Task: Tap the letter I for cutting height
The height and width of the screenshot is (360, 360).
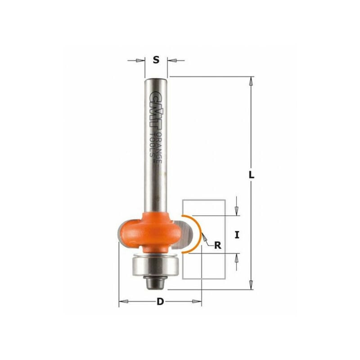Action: (x=237, y=234)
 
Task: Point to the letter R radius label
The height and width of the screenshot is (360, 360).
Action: (x=218, y=245)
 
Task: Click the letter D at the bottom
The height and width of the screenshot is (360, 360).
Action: (x=160, y=302)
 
